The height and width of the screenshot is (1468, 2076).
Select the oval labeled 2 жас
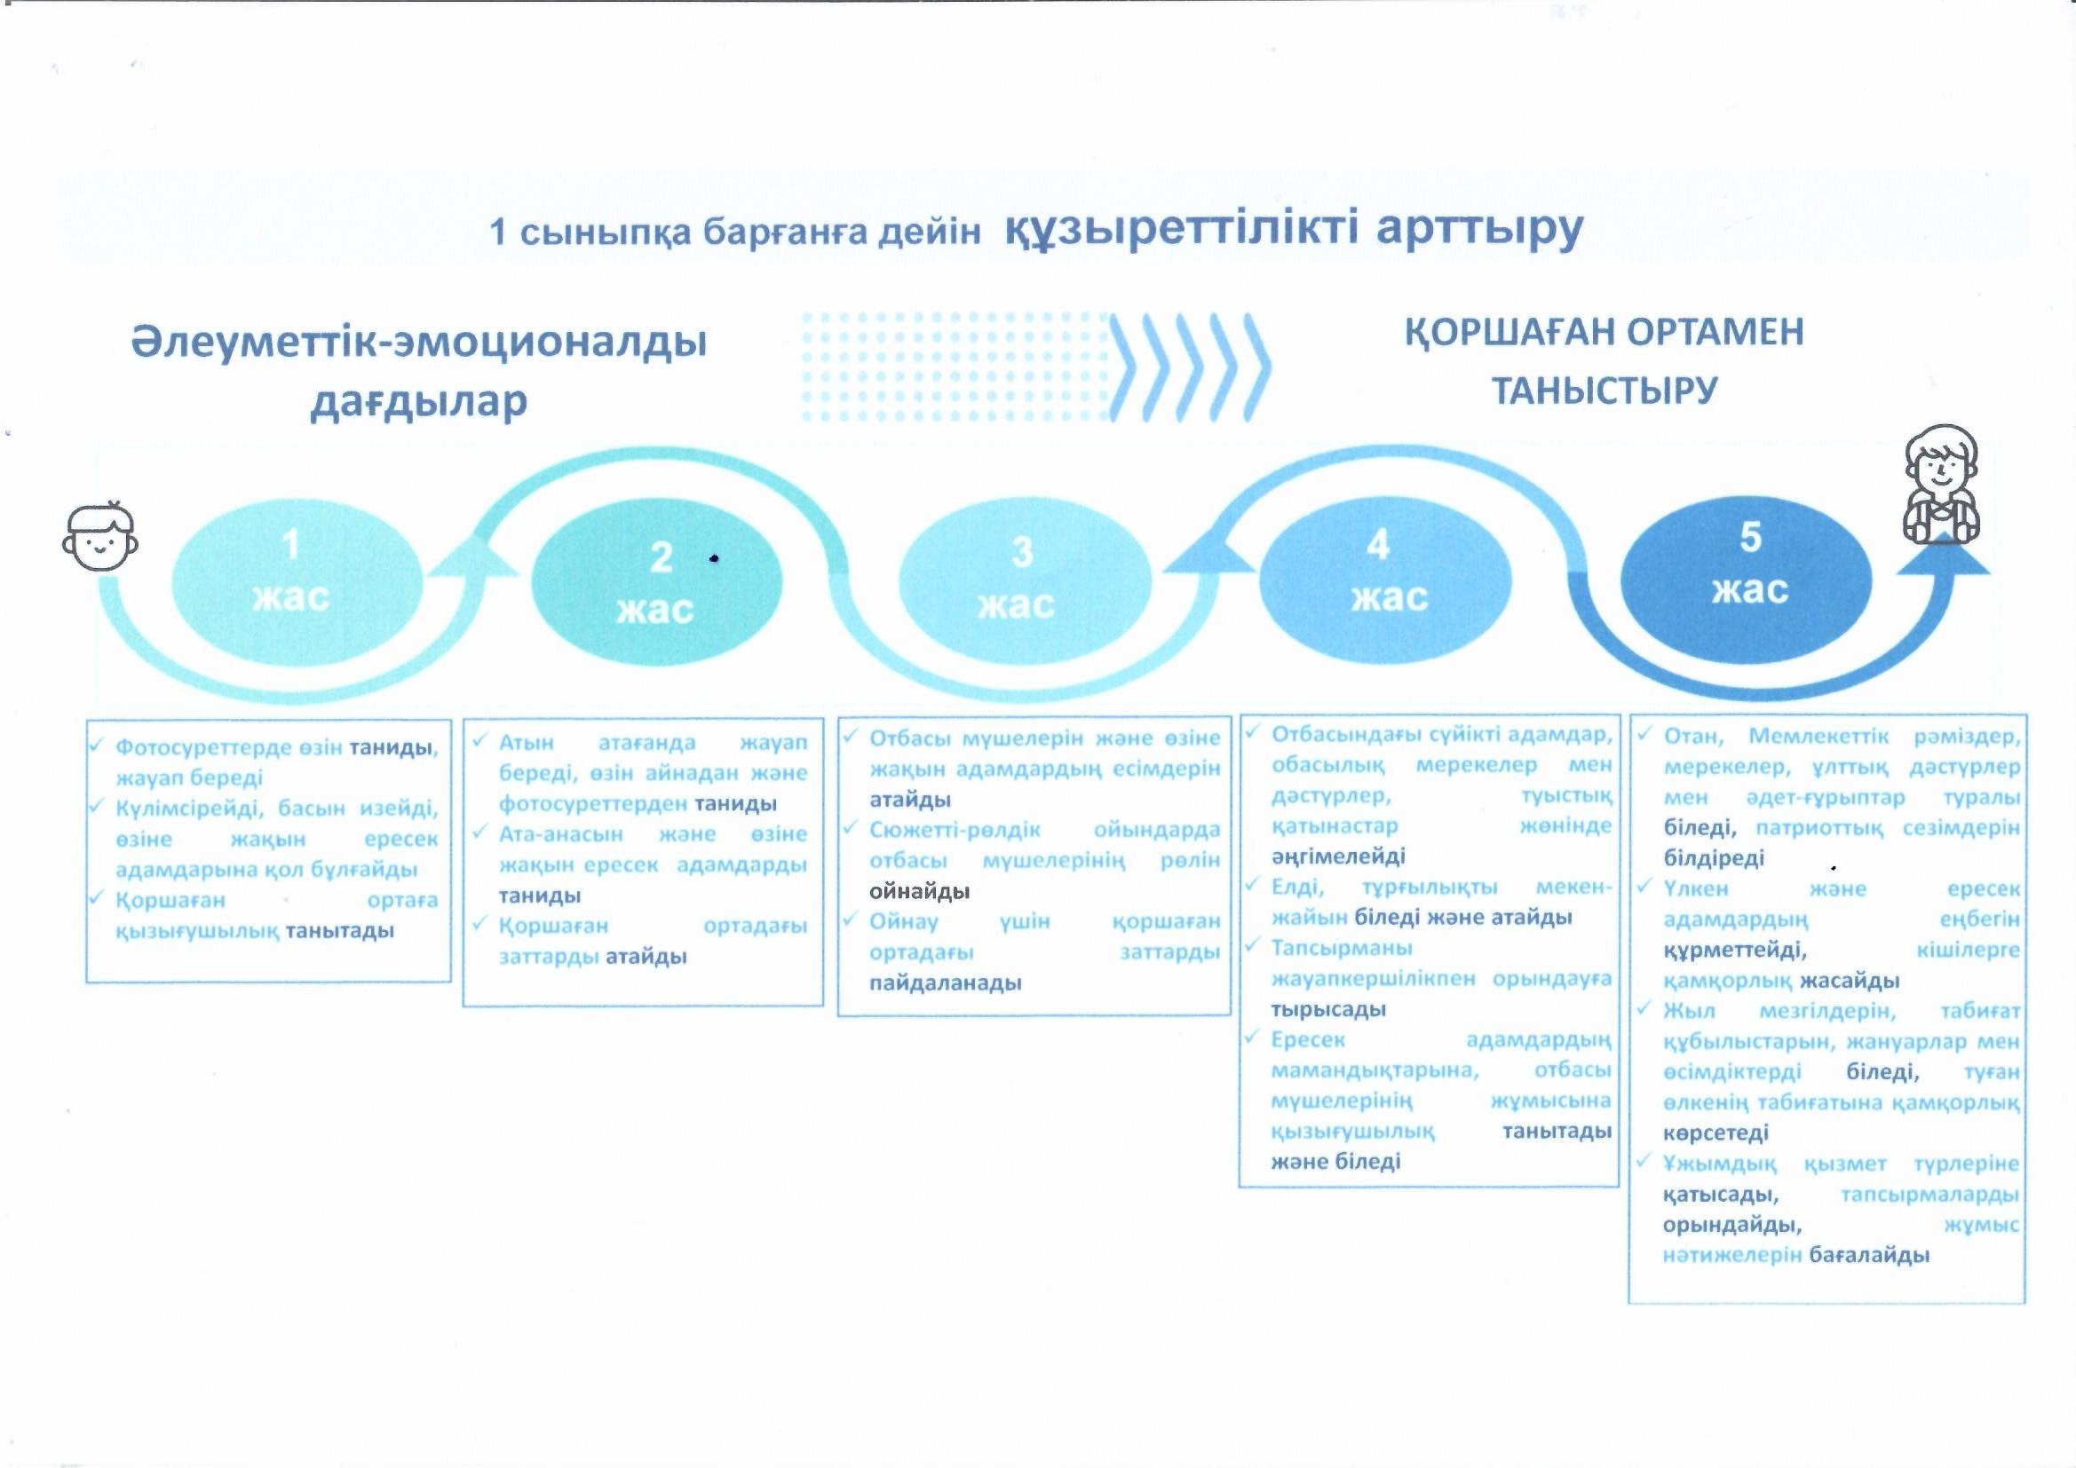point(656,583)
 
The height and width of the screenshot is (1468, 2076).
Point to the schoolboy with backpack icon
point(1941,485)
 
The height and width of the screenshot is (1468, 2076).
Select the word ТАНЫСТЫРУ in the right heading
point(1604,391)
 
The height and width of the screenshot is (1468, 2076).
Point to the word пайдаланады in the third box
point(945,983)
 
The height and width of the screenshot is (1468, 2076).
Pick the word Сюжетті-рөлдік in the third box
point(955,830)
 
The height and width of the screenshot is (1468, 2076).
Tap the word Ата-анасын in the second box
point(560,833)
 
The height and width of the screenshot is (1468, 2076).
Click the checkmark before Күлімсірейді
point(98,804)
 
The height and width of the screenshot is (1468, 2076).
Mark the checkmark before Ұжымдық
point(1645,1160)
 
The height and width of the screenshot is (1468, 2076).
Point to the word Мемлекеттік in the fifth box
point(1818,737)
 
